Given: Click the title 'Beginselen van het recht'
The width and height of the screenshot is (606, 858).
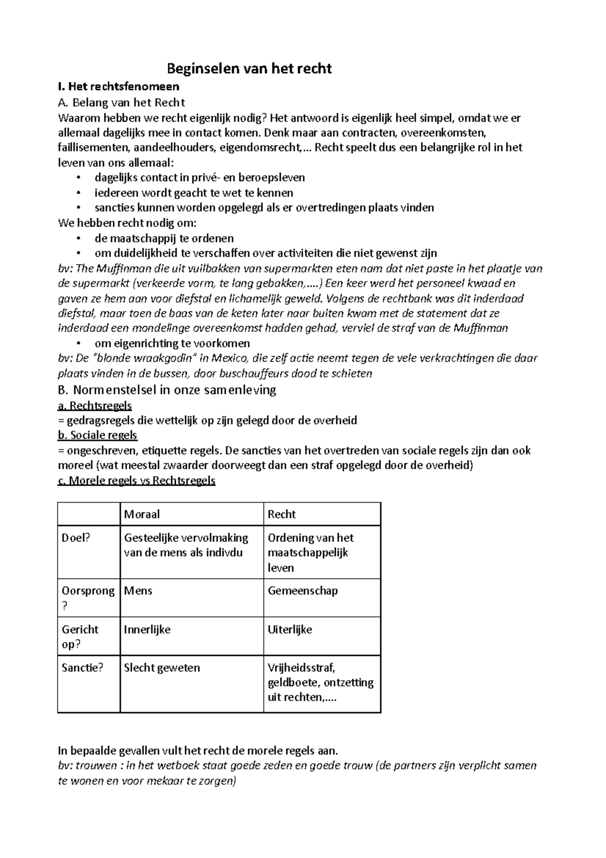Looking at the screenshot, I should click(x=249, y=68).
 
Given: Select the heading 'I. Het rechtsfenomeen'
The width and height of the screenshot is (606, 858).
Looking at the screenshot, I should click(x=119, y=87).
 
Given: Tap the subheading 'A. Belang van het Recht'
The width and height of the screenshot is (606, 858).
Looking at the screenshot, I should click(x=122, y=103).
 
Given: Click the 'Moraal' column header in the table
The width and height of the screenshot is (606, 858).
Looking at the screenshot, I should click(x=142, y=514).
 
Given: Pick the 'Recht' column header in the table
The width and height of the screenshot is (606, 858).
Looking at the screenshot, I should click(x=282, y=514).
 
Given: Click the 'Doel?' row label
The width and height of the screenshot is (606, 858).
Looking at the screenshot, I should click(x=76, y=538).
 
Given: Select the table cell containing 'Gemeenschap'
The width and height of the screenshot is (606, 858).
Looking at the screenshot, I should click(x=302, y=591).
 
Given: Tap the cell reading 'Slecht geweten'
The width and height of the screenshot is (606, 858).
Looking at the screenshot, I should click(x=162, y=668).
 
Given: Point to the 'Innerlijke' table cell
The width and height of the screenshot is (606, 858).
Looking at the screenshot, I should click(x=147, y=630).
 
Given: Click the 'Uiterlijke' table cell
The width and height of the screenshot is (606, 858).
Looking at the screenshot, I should click(x=290, y=630).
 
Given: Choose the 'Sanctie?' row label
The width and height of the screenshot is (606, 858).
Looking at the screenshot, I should click(x=82, y=668).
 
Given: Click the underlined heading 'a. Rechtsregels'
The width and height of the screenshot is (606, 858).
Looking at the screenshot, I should click(x=95, y=405).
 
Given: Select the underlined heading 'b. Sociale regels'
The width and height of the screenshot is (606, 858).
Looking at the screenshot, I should click(x=98, y=435).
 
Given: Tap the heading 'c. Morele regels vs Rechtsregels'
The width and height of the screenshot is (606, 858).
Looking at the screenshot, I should click(x=137, y=481).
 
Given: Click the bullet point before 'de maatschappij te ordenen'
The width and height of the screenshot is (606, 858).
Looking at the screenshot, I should click(x=78, y=239).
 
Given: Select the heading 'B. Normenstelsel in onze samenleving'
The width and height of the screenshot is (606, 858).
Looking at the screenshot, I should click(x=167, y=390).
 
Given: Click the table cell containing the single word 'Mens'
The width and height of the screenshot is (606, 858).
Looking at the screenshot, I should click(x=138, y=591).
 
